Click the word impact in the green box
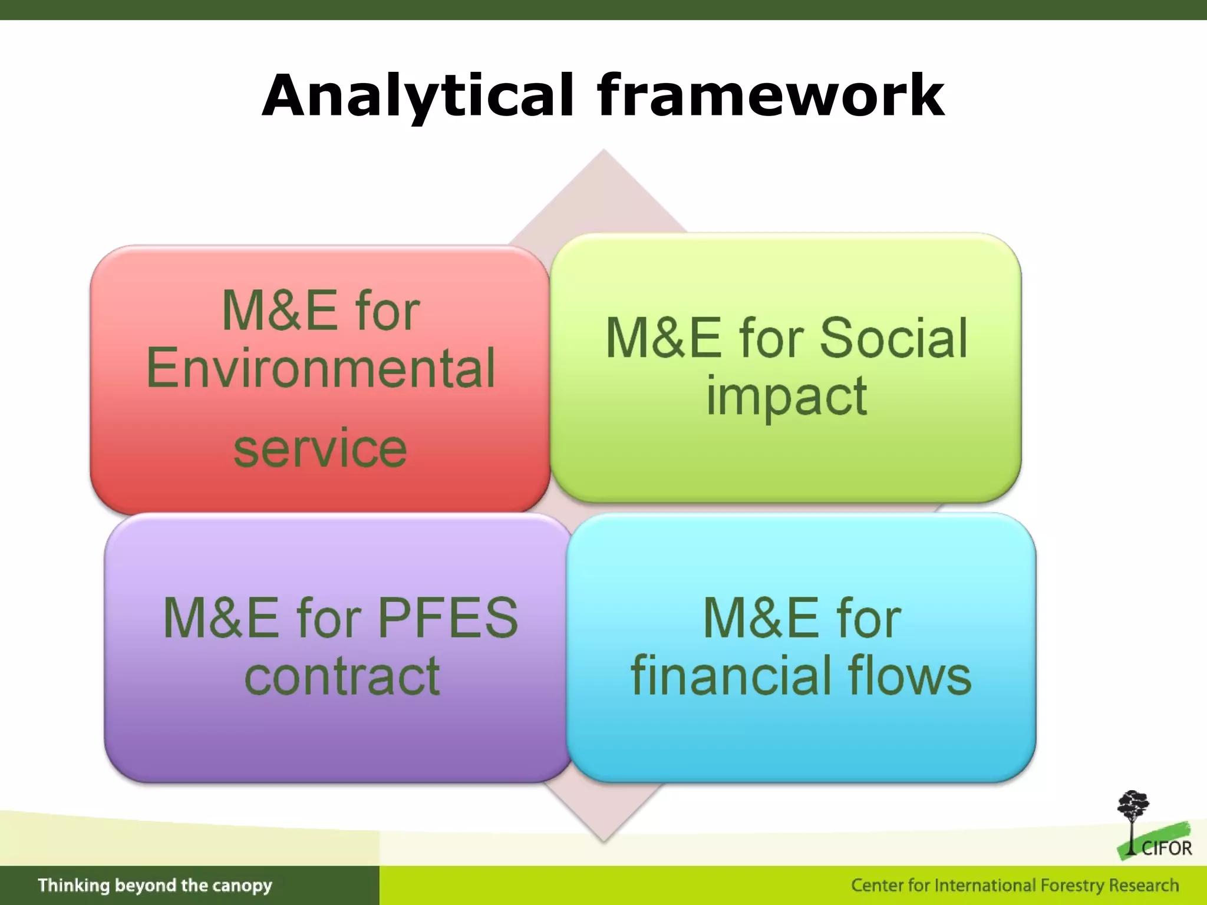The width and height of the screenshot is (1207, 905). pos(786,396)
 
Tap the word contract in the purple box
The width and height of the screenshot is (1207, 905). pos(342,676)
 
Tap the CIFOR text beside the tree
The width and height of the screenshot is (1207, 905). pos(1166,848)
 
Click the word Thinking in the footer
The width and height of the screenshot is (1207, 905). pos(74,886)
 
